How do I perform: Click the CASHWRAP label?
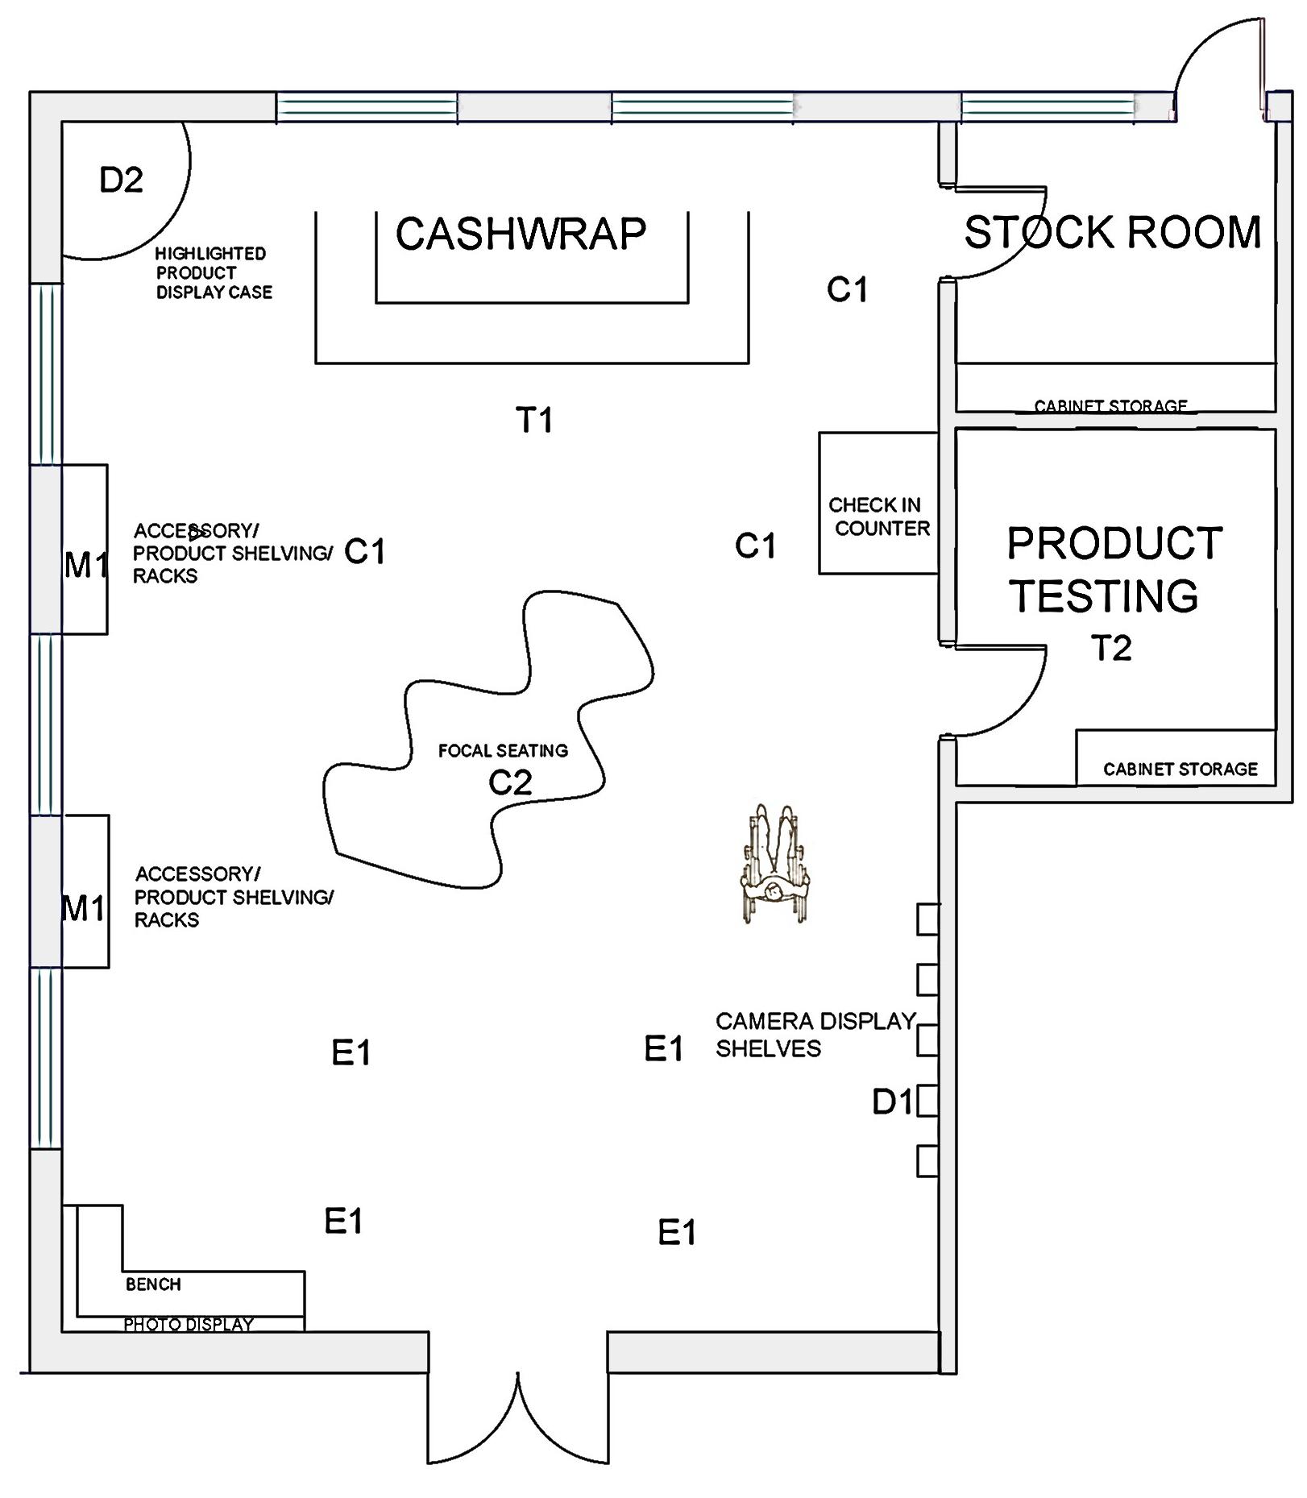[521, 234]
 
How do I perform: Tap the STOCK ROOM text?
[1112, 233]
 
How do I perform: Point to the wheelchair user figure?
[774, 864]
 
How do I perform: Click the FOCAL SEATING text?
[503, 751]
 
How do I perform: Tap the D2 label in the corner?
[121, 181]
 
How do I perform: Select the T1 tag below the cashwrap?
[533, 420]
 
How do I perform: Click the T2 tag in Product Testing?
[1111, 649]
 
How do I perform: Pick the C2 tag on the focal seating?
[510, 783]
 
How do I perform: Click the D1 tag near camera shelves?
[892, 1102]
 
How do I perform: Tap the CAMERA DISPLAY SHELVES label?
[815, 1035]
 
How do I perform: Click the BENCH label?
[153, 1284]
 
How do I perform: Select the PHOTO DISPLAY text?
[189, 1324]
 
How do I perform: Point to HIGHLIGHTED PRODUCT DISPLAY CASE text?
[214, 273]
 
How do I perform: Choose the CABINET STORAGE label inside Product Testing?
[1180, 770]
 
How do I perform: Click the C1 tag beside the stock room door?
[847, 290]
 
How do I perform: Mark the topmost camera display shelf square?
[927, 919]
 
